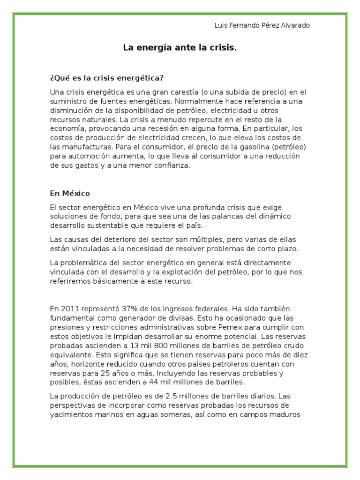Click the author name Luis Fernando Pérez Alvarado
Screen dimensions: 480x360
pos(262,25)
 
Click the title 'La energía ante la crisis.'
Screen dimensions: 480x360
pos(180,47)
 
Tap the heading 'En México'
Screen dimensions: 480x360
pos(70,193)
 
